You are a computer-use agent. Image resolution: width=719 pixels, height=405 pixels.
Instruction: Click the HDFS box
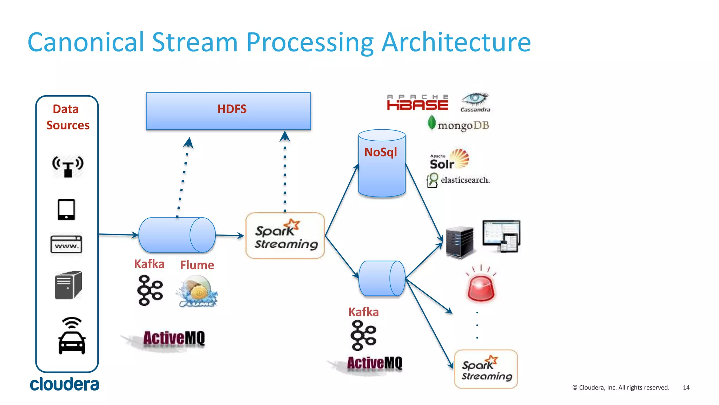[x=228, y=111]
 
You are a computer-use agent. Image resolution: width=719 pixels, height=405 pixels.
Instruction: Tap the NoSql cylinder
[x=382, y=163]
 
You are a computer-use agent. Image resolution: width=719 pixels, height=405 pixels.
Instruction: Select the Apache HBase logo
[x=417, y=102]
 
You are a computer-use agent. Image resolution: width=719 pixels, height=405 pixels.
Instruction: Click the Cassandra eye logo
[x=475, y=102]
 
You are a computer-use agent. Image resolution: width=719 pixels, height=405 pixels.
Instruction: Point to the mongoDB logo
[x=459, y=124]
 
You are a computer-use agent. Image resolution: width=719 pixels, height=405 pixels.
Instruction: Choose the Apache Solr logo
[x=449, y=160]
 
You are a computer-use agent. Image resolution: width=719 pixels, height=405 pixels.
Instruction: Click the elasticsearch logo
[x=458, y=180]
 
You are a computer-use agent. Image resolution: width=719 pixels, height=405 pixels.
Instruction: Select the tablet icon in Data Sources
[x=66, y=210]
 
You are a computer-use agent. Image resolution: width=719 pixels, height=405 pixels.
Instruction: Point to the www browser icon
[x=66, y=244]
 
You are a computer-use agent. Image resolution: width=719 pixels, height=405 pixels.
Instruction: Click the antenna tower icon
[x=68, y=166]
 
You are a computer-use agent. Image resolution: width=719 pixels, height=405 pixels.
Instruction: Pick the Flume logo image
[x=197, y=291]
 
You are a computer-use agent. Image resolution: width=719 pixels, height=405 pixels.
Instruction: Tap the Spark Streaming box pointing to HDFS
[x=285, y=236]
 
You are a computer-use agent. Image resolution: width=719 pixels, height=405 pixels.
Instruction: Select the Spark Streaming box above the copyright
[x=486, y=369]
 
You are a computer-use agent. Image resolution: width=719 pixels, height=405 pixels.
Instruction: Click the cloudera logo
[x=64, y=384]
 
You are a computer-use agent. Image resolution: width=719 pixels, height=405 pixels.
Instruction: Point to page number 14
[x=686, y=387]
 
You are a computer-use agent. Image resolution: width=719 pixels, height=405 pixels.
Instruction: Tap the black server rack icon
[x=460, y=243]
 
